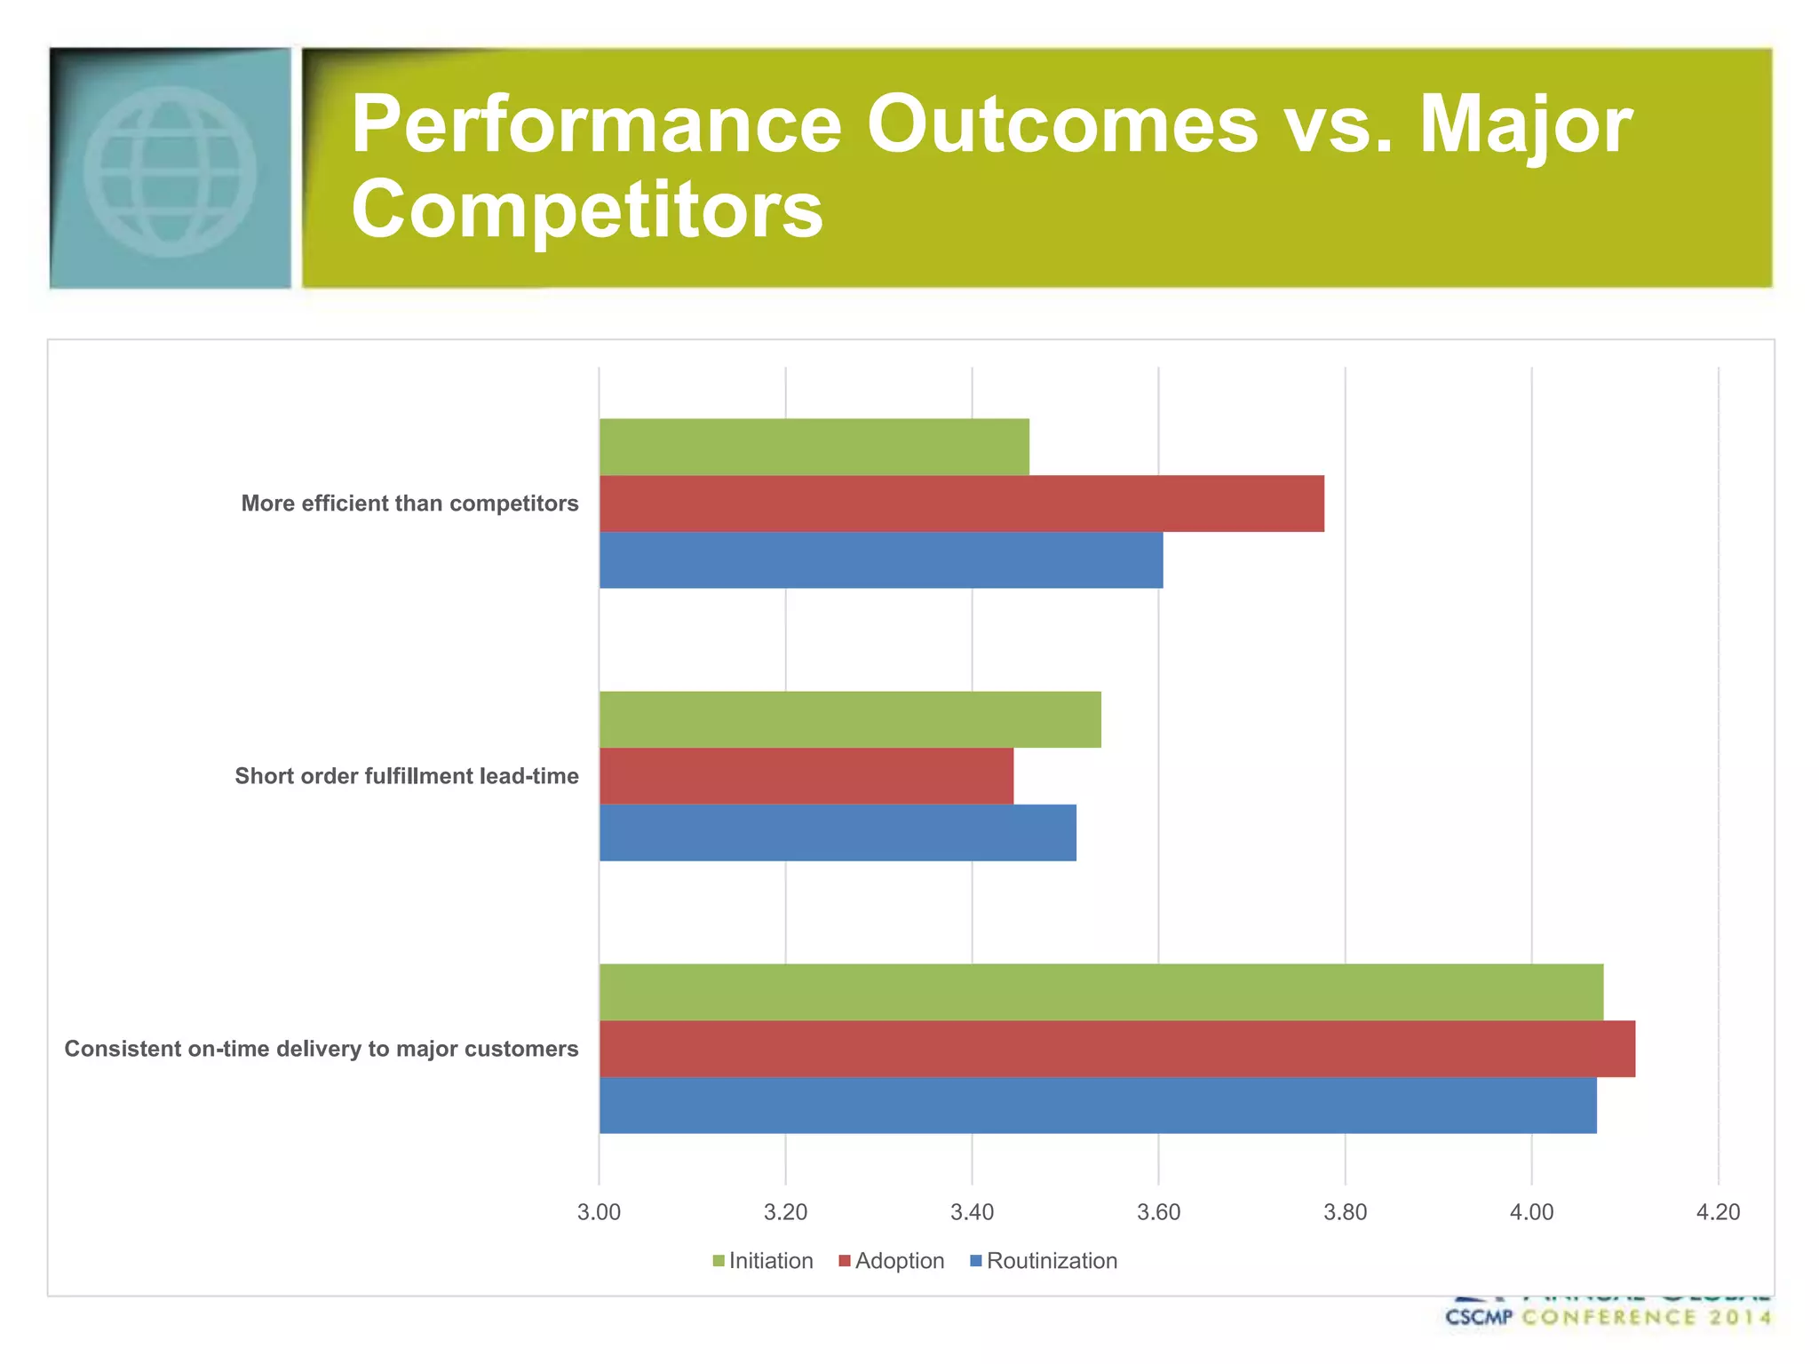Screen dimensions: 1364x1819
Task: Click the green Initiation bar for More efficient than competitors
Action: click(814, 447)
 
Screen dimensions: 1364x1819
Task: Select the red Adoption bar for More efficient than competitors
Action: click(961, 504)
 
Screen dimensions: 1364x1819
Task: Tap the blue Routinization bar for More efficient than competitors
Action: click(881, 559)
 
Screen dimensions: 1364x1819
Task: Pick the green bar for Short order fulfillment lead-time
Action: click(850, 719)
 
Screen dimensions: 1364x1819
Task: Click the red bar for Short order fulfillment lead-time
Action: click(806, 776)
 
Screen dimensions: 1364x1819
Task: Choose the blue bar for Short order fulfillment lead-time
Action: click(838, 832)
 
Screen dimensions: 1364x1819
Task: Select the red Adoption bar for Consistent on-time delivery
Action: click(1116, 1049)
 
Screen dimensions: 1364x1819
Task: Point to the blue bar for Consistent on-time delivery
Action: click(1098, 1105)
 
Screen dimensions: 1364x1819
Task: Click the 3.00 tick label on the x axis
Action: click(599, 1212)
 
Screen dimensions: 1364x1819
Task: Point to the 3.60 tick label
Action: click(1158, 1212)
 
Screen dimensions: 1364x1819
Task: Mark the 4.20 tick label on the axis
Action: click(1718, 1212)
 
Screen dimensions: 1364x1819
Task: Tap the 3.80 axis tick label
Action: click(1345, 1212)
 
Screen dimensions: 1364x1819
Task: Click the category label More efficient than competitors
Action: click(409, 504)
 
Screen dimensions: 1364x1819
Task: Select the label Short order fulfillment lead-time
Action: click(406, 776)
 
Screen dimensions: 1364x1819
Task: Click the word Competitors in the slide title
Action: click(586, 209)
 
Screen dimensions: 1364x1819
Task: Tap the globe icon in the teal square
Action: click(170, 170)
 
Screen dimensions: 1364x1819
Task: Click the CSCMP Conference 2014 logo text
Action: click(1608, 1317)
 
